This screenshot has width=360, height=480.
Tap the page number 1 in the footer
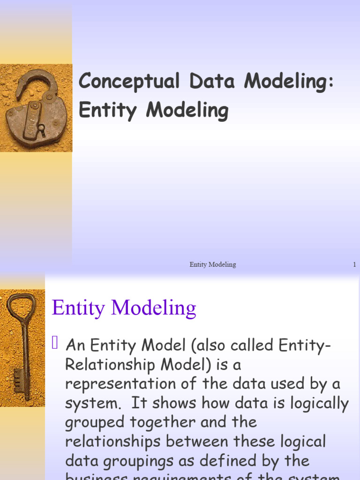tap(355, 265)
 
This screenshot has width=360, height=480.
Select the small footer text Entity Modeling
tap(212, 265)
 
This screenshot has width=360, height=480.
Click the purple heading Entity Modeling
tap(124, 308)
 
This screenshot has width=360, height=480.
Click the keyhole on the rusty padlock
tap(41, 127)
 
